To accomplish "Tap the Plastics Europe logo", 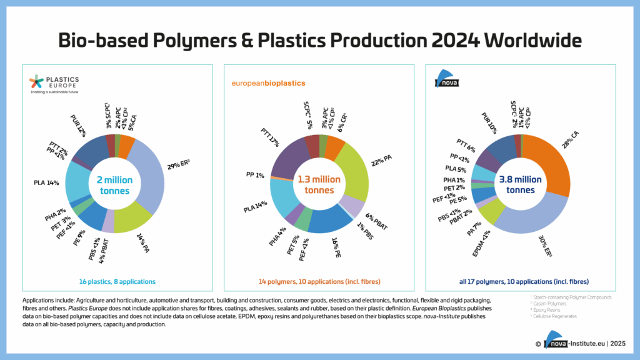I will pyautogui.click(x=54, y=84).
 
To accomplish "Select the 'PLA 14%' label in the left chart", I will pyautogui.click(x=46, y=183).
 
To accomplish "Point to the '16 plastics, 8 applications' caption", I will pyautogui.click(x=117, y=282).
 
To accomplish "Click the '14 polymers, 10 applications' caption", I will pyautogui.click(x=319, y=282).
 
